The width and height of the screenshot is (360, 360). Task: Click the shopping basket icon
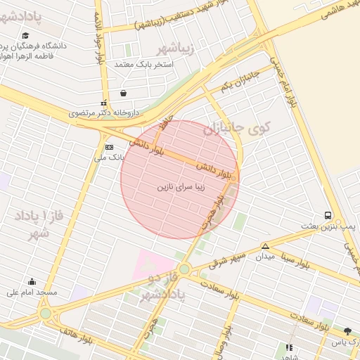[x=124, y=93]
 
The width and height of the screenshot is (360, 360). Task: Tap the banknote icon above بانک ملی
[x=109, y=147]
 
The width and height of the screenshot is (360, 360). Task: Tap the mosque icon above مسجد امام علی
[x=32, y=281]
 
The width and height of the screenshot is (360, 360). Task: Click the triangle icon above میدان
[x=265, y=246]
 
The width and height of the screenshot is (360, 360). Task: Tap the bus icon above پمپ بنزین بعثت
[x=328, y=215]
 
